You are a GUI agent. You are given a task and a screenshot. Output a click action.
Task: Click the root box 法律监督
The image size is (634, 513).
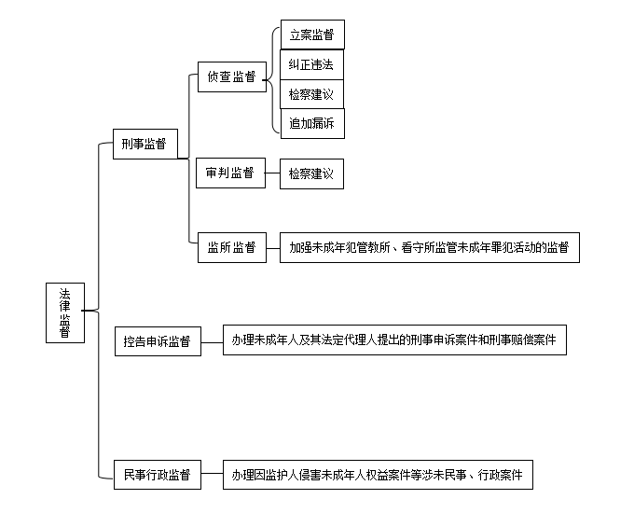pos(65,312)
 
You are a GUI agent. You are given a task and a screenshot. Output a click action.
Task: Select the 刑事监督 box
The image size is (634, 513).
pos(145,144)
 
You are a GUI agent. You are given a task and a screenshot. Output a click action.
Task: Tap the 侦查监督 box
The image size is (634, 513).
pos(232,76)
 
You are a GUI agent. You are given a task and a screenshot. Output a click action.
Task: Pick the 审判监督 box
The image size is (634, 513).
pos(231,173)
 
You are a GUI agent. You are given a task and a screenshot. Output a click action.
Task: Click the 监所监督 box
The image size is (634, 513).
pos(232,247)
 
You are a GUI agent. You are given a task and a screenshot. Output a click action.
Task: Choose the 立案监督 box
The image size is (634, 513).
pos(312,35)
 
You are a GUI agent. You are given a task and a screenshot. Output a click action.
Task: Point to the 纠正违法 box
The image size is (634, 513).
pos(311,64)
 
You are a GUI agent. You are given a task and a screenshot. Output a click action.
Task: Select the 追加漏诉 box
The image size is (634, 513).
pos(312,123)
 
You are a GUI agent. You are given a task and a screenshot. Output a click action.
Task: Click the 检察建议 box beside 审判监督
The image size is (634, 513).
pos(311,174)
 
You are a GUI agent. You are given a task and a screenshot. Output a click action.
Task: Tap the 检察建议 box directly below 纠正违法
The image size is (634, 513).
pos(311,94)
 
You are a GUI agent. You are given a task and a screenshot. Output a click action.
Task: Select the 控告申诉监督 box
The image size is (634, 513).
pos(158,341)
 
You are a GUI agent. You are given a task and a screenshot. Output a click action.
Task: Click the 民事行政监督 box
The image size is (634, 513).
pos(158,475)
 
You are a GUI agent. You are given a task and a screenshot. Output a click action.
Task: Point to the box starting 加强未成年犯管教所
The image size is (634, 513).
pos(430,247)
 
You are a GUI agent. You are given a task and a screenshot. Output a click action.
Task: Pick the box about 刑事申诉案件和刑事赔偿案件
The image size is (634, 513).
pos(394,340)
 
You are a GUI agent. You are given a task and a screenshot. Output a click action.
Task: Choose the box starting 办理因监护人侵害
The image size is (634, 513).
pos(378,475)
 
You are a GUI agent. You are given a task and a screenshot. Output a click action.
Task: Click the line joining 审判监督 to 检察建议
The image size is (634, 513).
pos(272,173)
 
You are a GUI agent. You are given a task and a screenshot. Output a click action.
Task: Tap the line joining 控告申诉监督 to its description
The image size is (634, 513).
pos(212,342)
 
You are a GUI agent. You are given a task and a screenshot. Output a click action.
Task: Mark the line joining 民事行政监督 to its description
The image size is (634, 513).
pos(212,473)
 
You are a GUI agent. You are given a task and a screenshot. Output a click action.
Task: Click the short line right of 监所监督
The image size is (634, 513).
pos(273,248)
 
